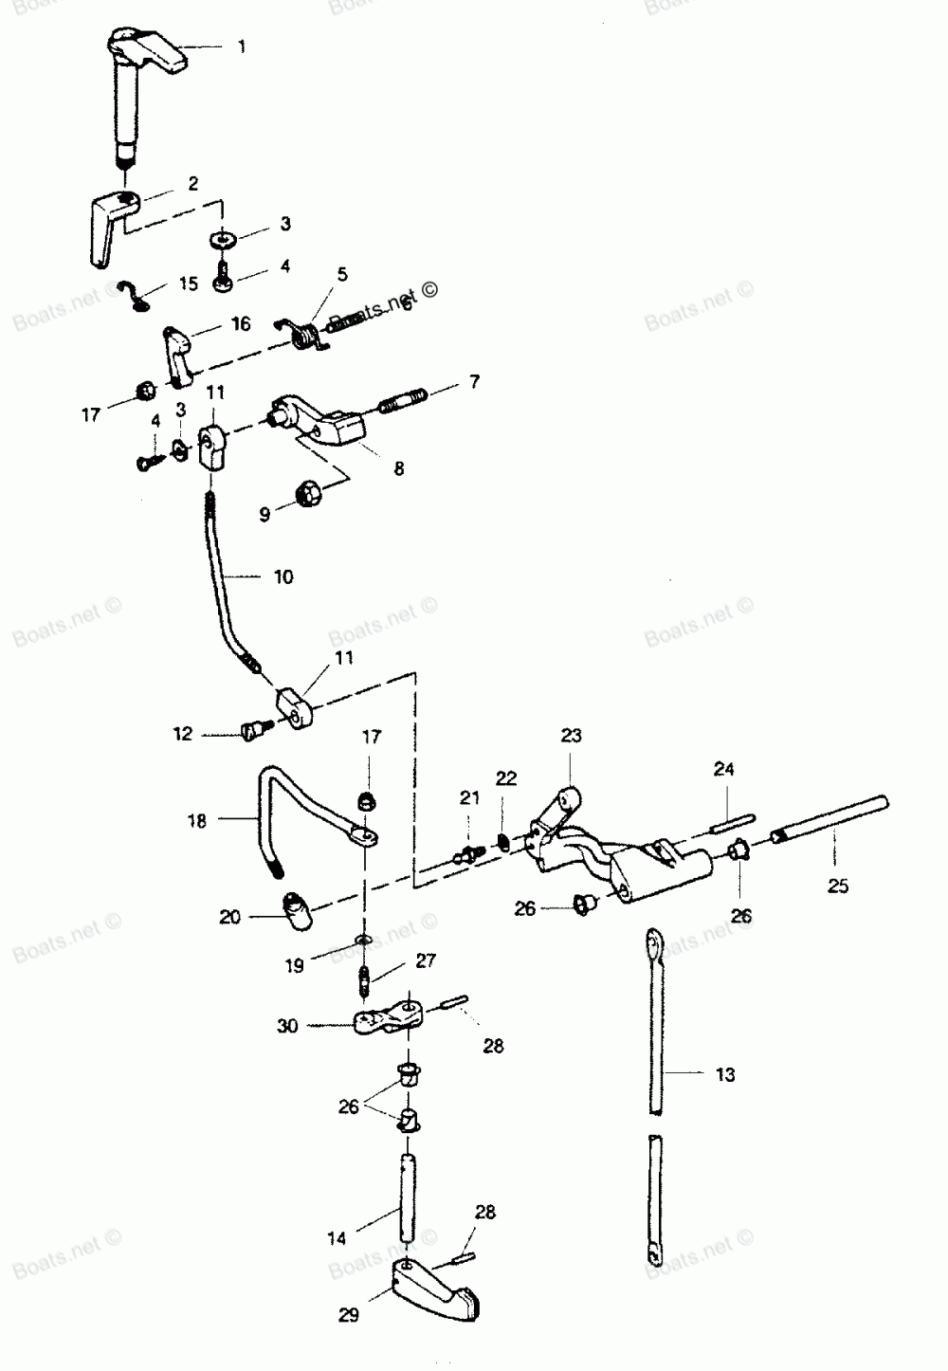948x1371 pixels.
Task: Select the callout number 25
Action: (x=838, y=887)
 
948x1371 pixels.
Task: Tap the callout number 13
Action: (x=725, y=1074)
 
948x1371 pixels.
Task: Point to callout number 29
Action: (x=348, y=1315)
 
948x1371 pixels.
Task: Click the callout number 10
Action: (x=283, y=576)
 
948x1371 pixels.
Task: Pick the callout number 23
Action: (x=571, y=736)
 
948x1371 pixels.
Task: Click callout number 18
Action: (x=196, y=821)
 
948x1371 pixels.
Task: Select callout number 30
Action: (x=287, y=1025)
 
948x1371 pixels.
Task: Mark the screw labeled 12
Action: (x=255, y=728)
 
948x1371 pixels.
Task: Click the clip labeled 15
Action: (x=137, y=295)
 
